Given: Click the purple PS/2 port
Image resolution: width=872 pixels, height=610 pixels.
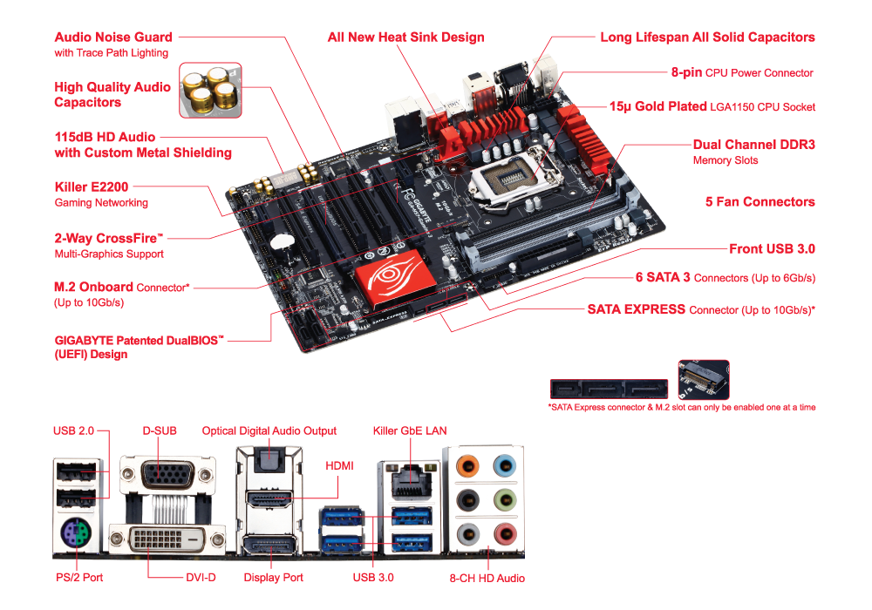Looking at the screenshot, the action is click(77, 534).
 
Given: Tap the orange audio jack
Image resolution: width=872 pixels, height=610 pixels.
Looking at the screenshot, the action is click(467, 465).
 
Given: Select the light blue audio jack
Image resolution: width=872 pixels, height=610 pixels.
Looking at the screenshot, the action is click(505, 465).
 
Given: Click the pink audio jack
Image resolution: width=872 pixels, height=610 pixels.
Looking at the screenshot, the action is click(505, 535).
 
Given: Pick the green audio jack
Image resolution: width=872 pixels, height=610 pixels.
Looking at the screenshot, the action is click(505, 500).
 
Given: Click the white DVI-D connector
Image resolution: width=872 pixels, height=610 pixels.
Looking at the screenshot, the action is click(167, 539).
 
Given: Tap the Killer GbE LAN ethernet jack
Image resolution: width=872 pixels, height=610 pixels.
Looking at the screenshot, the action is click(412, 482).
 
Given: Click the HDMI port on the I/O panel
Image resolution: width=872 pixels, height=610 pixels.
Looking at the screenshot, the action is click(269, 498).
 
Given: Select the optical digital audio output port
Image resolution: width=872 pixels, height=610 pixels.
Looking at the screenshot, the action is click(269, 461).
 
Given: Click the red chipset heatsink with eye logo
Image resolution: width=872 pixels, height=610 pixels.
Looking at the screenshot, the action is click(395, 279).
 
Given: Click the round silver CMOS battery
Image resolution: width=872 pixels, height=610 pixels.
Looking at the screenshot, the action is click(282, 241).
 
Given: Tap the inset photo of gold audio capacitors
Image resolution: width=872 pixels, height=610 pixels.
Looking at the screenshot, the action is click(210, 90).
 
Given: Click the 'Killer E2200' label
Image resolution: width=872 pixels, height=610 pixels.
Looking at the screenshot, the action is click(92, 187).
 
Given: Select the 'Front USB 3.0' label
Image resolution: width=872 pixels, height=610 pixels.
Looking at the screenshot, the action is click(772, 249).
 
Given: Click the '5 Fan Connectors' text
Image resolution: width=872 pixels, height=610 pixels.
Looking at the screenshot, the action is click(760, 201).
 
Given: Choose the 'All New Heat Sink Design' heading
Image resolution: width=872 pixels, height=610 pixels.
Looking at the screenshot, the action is click(406, 37).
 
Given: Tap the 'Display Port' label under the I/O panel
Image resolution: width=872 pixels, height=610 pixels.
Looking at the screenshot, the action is click(274, 578).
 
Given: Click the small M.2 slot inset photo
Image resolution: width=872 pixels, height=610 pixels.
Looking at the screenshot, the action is click(704, 380).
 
